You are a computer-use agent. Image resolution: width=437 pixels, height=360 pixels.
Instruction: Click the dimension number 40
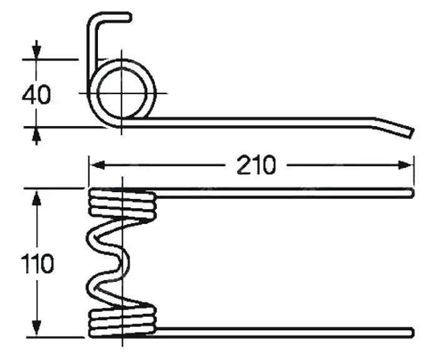click(x=36, y=95)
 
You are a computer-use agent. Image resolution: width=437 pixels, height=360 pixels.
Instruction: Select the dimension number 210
click(x=256, y=165)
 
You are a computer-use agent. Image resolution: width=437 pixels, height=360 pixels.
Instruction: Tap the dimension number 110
click(x=37, y=263)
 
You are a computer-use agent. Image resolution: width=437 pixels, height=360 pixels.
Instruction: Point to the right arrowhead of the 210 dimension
click(x=406, y=165)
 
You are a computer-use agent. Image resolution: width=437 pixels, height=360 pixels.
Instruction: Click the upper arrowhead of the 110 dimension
click(x=36, y=198)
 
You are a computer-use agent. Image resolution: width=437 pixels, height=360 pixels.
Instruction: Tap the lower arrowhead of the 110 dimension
click(x=36, y=328)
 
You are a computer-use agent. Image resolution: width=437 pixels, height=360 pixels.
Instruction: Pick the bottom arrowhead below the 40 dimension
click(x=36, y=137)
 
